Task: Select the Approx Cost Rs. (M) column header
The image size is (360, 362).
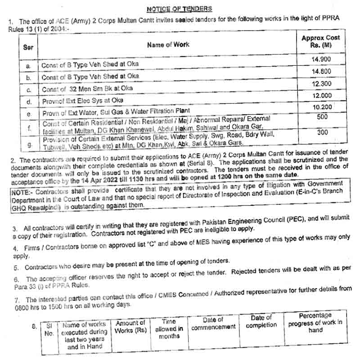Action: click(321, 42)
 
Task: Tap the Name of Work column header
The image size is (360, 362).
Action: click(168, 45)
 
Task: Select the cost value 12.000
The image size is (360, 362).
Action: click(321, 96)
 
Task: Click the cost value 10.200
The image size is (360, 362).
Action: click(321, 107)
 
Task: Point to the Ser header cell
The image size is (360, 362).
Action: click(28, 47)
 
